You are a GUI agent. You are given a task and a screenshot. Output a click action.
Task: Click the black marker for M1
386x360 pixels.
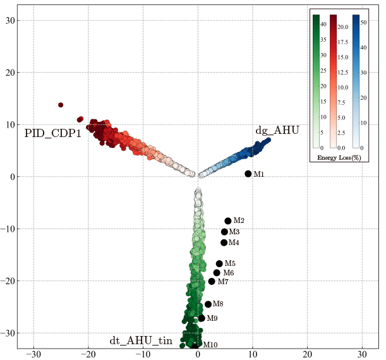pyautogui.click(x=248, y=174)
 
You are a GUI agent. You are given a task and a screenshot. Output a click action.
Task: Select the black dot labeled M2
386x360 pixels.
pyautogui.click(x=228, y=220)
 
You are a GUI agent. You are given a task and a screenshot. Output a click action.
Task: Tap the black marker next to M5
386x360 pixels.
pyautogui.click(x=219, y=263)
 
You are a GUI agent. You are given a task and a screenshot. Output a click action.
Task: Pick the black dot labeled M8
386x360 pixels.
pyautogui.click(x=208, y=304)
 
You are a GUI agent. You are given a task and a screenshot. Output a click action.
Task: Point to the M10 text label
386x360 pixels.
pyautogui.click(x=210, y=345)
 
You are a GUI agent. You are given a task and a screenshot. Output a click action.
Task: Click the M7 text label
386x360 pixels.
pyautogui.click(x=223, y=282)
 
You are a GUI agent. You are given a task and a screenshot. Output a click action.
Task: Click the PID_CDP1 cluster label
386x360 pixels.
pyautogui.click(x=52, y=133)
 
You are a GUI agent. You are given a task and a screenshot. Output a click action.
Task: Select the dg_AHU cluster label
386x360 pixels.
pyautogui.click(x=277, y=131)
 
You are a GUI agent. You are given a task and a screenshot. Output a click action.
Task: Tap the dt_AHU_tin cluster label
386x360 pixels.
pyautogui.click(x=141, y=341)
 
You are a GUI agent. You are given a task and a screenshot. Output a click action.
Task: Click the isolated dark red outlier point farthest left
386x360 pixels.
pyautogui.click(x=61, y=105)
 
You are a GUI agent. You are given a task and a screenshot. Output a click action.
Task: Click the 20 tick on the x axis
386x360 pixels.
pyautogui.click(x=308, y=354)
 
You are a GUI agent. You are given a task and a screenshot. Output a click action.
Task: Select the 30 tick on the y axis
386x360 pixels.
pyautogui.click(x=10, y=20)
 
